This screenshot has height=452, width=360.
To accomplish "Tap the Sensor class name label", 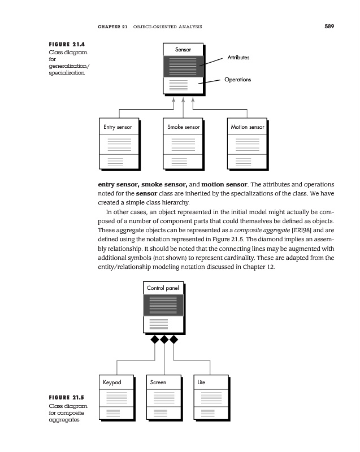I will [183, 50].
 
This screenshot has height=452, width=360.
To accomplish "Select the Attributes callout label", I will [238, 58].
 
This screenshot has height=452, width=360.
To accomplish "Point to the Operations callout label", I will [237, 80].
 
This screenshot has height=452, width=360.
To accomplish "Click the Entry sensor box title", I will [118, 127].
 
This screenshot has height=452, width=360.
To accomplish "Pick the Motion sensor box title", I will [248, 127].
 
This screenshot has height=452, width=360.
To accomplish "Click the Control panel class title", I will [163, 288].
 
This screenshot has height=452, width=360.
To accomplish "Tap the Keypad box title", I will [112, 383].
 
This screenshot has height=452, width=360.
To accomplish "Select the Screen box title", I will [158, 383].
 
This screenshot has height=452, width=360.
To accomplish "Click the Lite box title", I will [201, 383].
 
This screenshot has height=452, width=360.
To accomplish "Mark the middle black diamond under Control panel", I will [164, 340].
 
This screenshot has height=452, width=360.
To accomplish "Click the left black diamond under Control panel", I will [154, 340].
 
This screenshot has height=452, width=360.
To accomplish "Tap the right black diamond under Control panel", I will [174, 340].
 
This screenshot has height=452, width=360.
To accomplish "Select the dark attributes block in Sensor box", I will [183, 67].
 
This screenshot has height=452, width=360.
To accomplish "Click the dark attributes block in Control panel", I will [163, 306].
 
